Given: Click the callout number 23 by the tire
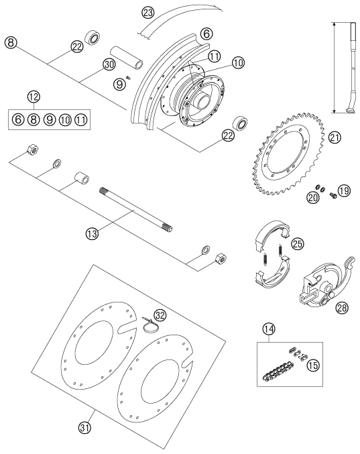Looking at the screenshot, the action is (x=148, y=13).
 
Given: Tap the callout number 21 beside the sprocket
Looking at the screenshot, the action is (x=335, y=138).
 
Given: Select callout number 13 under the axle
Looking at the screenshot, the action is (x=93, y=233).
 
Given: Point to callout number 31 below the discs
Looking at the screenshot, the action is (x=84, y=428).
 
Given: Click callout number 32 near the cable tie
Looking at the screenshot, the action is (x=160, y=315).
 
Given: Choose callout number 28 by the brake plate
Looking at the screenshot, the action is (x=342, y=308).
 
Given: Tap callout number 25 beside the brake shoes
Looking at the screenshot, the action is (x=298, y=244).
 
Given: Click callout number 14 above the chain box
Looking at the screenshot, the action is (x=269, y=329).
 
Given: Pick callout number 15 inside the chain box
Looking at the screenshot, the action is (x=313, y=365).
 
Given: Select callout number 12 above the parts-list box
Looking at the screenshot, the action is (x=34, y=97).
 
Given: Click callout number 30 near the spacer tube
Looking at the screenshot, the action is (x=109, y=64).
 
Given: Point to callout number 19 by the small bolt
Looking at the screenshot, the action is (x=344, y=190).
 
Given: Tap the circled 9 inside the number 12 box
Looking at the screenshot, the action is (x=50, y=119).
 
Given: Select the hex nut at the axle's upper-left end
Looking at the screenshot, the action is (x=32, y=150).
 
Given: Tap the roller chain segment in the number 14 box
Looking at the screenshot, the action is (x=278, y=372).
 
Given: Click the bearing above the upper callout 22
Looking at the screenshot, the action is (x=93, y=37).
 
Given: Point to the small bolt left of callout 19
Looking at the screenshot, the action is (x=333, y=196).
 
